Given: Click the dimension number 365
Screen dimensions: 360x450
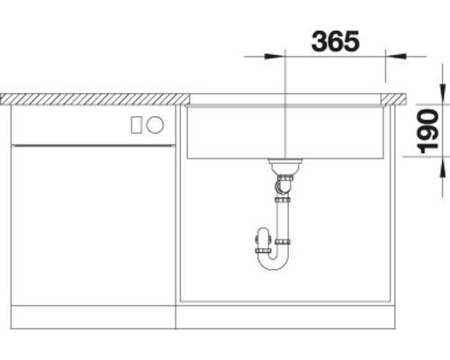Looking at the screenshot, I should (335, 40).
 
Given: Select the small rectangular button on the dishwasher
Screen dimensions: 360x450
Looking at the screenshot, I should (137, 125).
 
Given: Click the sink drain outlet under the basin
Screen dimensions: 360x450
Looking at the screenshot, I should (284, 166).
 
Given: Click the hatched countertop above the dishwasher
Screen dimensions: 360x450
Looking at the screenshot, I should (90, 98).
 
